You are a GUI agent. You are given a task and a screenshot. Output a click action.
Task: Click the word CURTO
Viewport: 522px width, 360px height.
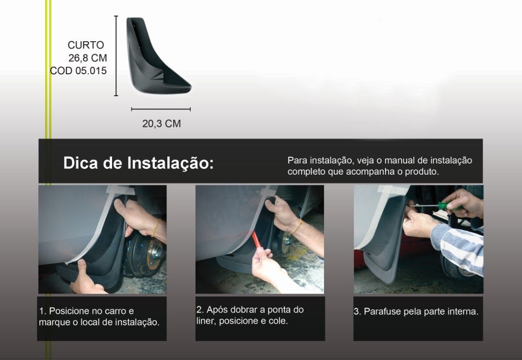[86, 45]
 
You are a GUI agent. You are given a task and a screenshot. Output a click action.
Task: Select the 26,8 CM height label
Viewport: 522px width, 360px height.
[87, 58]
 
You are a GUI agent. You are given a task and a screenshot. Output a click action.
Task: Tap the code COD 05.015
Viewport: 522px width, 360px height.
[79, 70]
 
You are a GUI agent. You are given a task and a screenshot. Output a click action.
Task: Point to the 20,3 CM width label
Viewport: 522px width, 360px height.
[161, 123]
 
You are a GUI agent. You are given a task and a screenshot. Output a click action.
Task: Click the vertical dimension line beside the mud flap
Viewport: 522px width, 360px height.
[116, 56]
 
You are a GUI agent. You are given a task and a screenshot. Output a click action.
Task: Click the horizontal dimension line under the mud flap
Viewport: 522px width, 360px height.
[161, 109]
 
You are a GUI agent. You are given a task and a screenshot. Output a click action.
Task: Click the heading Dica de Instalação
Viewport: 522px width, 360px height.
[138, 163]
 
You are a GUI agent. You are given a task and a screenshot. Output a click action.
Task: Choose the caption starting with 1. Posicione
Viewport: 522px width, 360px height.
[99, 316]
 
